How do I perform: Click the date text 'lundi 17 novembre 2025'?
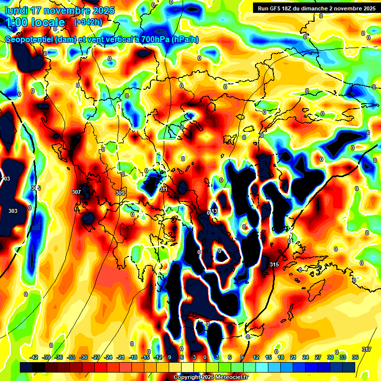point(60,10)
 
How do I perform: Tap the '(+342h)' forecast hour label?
point(88,22)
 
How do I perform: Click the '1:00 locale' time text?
point(35,22)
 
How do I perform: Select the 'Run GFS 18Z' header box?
point(315,8)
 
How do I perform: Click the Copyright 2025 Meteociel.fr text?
point(210,378)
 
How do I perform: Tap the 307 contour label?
point(76,192)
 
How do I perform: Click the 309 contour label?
point(120,193)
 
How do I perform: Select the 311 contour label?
point(164,190)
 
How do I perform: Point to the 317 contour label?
point(367,350)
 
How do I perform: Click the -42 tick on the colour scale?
point(34,357)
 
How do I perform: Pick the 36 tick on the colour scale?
point(355,357)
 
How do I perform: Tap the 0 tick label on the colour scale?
point(205,357)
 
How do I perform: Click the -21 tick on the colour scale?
point(121,357)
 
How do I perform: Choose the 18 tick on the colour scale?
point(281,357)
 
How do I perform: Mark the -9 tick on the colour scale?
point(169,357)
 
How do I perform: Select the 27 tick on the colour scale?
point(318,357)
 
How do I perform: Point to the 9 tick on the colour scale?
point(242,357)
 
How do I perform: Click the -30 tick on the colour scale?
point(83,357)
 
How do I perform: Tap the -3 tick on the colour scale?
point(193,357)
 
